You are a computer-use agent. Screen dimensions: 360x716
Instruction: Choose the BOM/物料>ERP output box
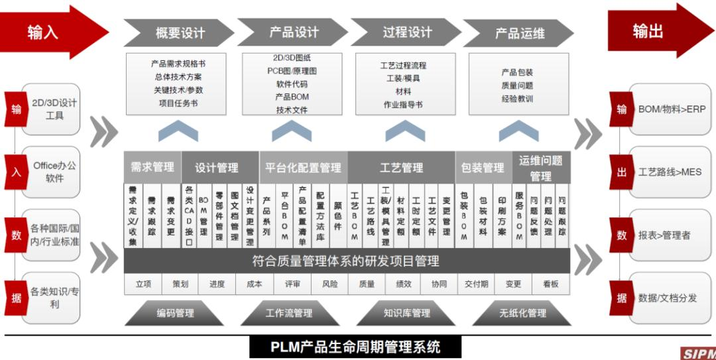[x=671, y=109]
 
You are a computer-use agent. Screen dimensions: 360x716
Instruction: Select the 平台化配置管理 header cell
[x=303, y=168]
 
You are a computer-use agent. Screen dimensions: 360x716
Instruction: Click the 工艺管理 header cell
[x=401, y=168]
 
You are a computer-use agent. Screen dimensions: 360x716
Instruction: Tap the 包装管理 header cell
[x=483, y=168]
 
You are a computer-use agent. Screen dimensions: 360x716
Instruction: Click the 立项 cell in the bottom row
[x=143, y=284]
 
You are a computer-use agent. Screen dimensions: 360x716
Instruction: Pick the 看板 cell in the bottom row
[x=551, y=284]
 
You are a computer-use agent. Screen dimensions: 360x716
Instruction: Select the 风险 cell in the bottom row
[x=329, y=284]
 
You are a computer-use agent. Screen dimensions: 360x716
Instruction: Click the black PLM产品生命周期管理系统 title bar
[x=355, y=347]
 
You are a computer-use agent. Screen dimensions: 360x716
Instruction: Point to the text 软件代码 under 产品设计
[x=292, y=84]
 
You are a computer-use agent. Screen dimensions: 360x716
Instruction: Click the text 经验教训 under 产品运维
[x=517, y=99]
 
